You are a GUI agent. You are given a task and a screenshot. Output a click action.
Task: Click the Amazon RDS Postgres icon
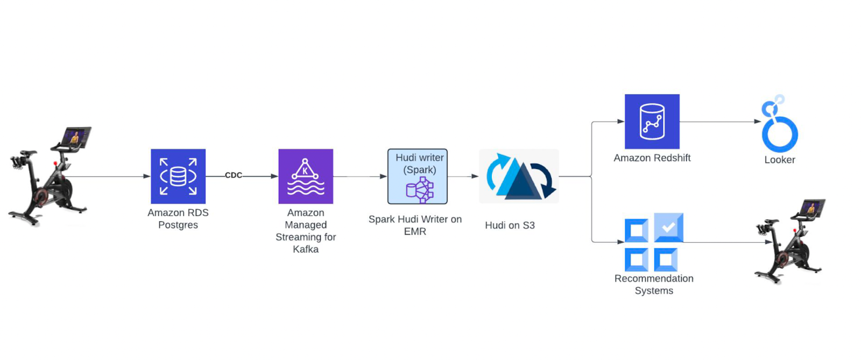178,176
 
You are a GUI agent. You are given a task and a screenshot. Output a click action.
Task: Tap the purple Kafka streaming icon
306,176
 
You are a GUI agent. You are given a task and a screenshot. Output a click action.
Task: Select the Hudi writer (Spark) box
418,176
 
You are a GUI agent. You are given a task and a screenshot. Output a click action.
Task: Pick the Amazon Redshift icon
652,122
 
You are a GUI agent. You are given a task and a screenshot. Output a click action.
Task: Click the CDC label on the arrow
234,175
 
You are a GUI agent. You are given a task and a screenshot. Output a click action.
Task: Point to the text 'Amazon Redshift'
652,158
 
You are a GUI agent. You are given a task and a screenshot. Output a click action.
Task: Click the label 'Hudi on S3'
510,225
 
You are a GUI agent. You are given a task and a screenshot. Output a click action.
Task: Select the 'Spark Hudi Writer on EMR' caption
415,225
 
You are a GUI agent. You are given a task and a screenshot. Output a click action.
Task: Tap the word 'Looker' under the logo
779,160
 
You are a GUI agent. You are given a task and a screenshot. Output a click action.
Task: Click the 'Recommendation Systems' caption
654,285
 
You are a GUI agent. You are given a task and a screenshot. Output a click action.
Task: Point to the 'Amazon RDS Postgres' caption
178,219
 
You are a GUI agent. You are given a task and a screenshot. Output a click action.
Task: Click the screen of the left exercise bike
75,137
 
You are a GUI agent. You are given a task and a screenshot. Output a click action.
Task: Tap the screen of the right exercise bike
810,208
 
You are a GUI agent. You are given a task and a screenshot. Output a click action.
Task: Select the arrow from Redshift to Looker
721,122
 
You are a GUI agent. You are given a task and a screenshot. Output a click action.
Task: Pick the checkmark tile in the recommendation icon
668,227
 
